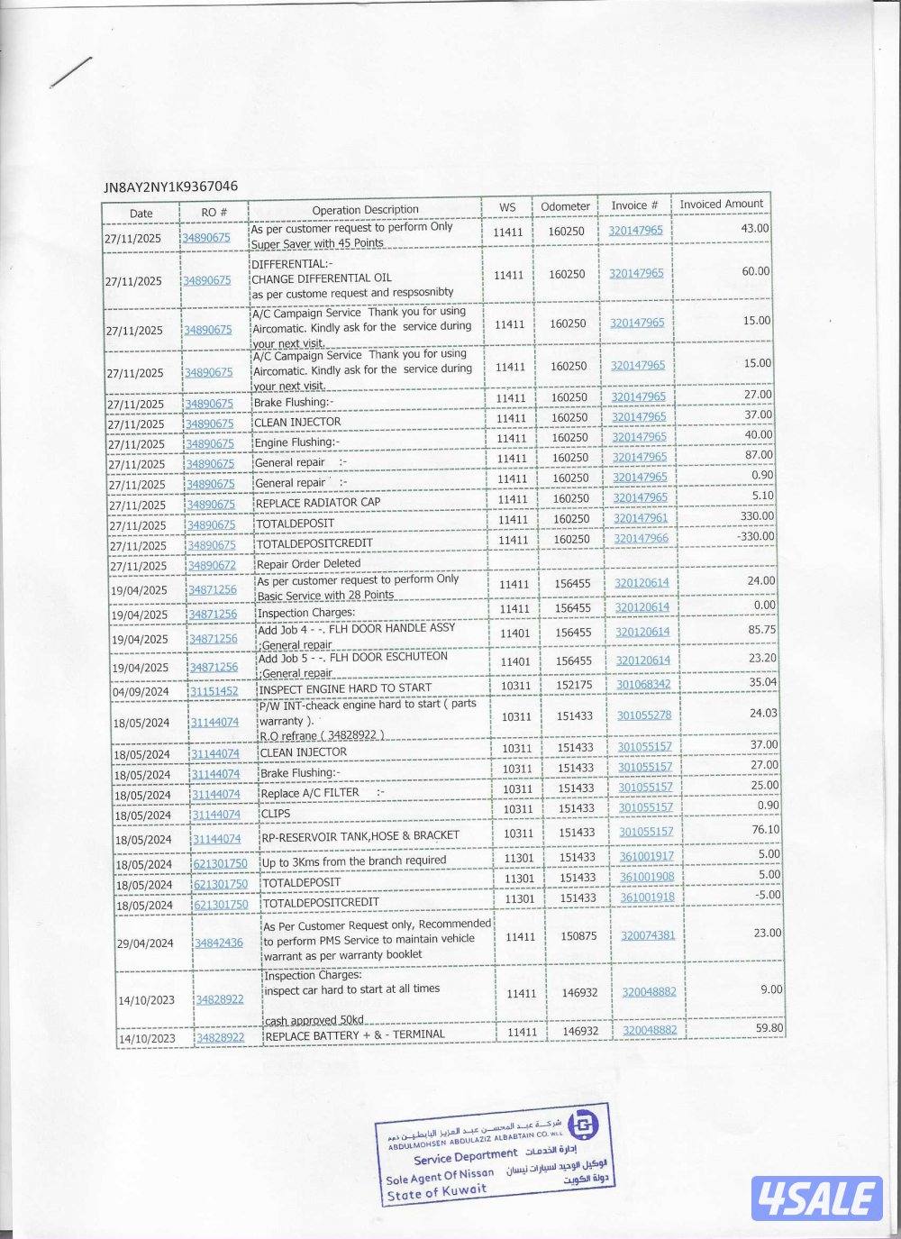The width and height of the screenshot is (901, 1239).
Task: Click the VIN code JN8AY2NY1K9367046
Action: (171, 187)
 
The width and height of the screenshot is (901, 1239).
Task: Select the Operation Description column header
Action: (365, 210)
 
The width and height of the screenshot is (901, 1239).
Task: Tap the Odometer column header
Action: (565, 206)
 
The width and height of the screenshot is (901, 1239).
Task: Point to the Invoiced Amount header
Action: (721, 204)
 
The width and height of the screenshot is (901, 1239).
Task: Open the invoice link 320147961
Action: (641, 518)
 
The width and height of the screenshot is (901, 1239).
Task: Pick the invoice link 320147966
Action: (642, 538)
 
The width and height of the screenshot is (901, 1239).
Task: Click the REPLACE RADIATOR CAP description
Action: (318, 503)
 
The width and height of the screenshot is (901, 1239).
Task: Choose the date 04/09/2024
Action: (141, 692)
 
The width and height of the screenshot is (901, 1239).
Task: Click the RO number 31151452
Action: (214, 691)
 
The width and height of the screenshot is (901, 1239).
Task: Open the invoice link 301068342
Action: (643, 685)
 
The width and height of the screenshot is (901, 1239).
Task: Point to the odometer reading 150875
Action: (578, 936)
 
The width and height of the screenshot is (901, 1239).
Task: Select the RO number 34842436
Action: (219, 943)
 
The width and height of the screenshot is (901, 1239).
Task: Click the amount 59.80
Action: (769, 1027)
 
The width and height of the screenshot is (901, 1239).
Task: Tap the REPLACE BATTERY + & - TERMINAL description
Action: (354, 1035)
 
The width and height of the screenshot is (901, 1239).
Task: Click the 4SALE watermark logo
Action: (816, 1198)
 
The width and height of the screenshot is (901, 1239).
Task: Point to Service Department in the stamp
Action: (465, 1156)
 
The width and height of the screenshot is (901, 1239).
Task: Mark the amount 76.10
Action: (765, 829)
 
